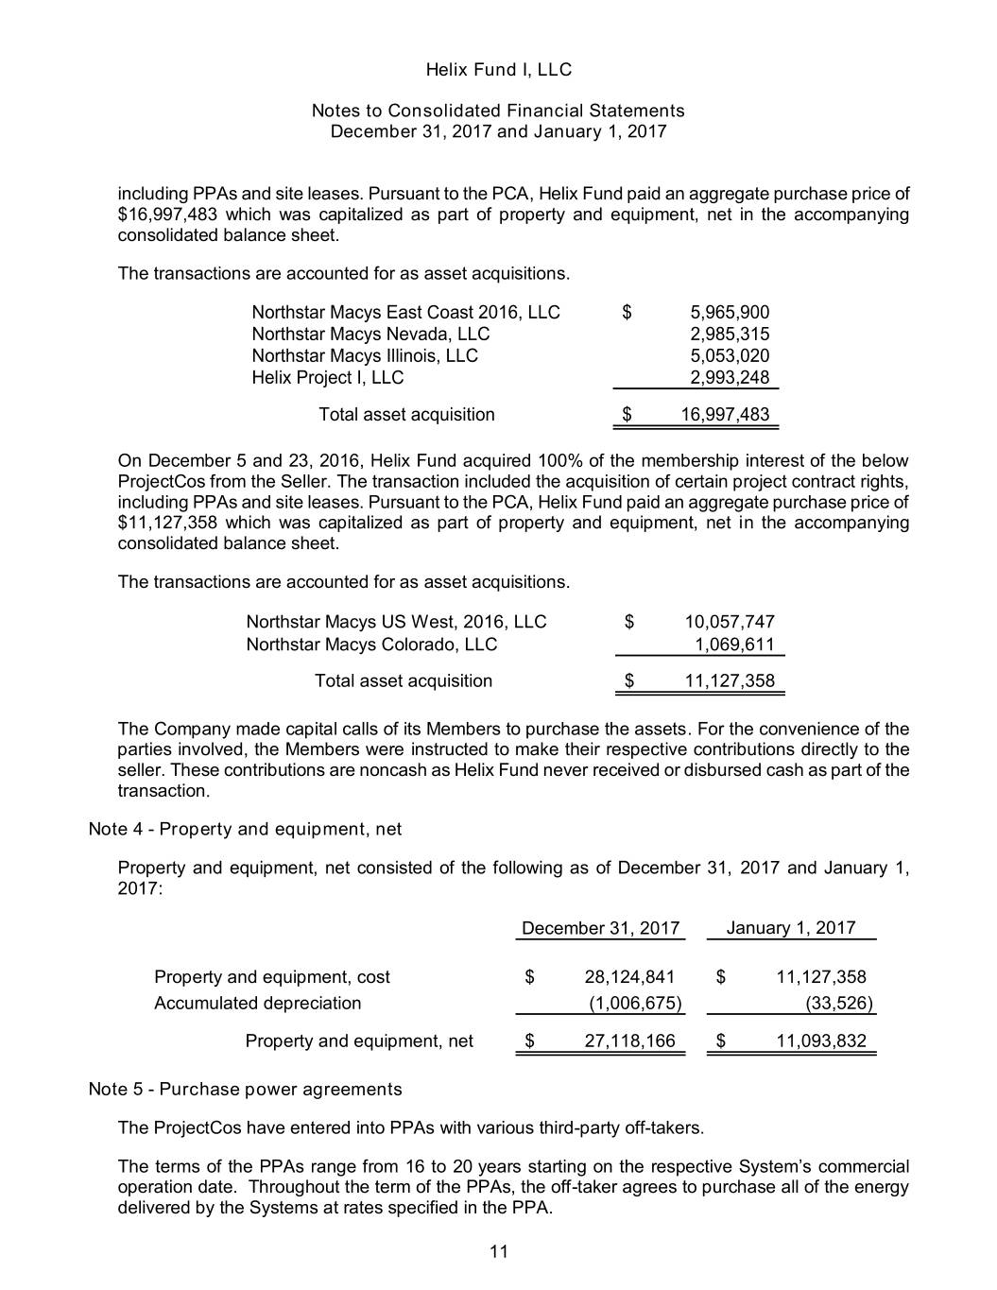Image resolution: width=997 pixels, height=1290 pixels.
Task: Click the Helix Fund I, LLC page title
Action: pyautogui.click(x=498, y=70)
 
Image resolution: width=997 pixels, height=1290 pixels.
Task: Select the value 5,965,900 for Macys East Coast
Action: pyautogui.click(x=730, y=313)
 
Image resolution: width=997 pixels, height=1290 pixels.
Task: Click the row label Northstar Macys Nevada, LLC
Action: pyautogui.click(x=370, y=334)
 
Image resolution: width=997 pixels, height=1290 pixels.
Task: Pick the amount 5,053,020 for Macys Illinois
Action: pyautogui.click(x=730, y=356)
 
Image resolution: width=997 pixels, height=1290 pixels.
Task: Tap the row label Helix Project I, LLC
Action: pyautogui.click(x=327, y=378)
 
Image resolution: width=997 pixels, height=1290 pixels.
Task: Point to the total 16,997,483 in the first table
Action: pyautogui.click(x=725, y=415)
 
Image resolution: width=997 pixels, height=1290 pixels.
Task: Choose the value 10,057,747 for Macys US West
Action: pyautogui.click(x=729, y=622)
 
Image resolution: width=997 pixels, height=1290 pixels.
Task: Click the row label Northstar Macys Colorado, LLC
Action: pyautogui.click(x=371, y=645)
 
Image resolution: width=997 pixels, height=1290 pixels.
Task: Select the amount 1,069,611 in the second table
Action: pyautogui.click(x=734, y=645)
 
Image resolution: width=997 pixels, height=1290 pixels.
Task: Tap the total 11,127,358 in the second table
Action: pyautogui.click(x=729, y=681)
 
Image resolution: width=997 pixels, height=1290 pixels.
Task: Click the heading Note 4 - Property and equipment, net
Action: pyautogui.click(x=245, y=830)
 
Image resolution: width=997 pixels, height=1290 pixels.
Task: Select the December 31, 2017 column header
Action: pyautogui.click(x=600, y=928)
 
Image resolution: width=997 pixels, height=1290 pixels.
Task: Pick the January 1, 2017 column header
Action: pyautogui.click(x=790, y=928)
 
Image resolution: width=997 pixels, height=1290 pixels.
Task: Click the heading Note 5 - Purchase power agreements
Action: pyautogui.click(x=245, y=1090)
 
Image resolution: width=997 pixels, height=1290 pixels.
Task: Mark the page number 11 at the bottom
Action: pyautogui.click(x=499, y=1253)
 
